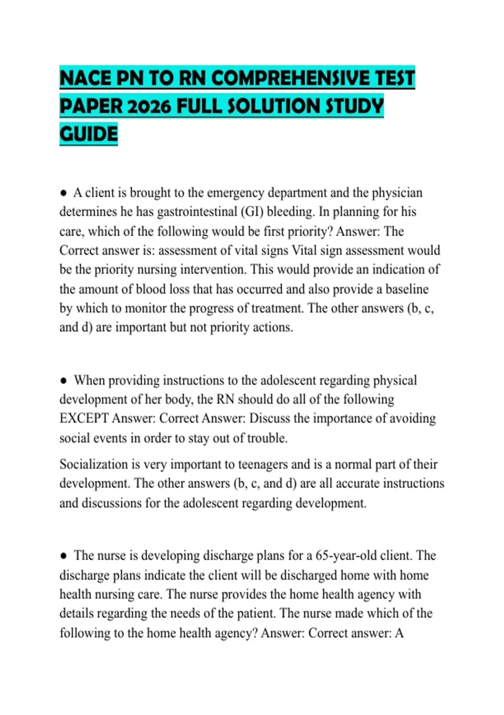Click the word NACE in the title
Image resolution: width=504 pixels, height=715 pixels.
86,78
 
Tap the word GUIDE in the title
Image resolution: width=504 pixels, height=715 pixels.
89,134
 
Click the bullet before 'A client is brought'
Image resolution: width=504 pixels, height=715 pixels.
63,193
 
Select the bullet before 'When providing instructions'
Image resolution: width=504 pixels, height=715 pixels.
63,381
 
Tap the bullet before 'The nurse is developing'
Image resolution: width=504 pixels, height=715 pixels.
63,556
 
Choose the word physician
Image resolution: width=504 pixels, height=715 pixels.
397,193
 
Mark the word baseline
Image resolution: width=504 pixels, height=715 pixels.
407,289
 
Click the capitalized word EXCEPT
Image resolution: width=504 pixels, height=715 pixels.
84,418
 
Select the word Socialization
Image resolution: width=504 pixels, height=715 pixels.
94,465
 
